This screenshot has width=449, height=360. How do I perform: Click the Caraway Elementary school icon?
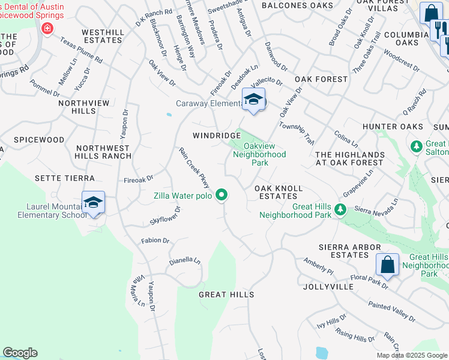pos(253,100)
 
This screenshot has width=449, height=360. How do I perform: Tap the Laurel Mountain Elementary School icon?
pos(93,203)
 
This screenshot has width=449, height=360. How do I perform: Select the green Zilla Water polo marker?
pos(221,194)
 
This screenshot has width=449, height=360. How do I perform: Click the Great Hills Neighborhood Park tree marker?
pos(340,209)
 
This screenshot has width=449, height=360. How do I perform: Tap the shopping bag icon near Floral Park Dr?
pos(387,265)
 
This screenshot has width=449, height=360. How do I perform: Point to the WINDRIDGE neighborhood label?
pos(216,136)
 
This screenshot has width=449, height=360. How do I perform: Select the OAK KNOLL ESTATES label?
pos(279,192)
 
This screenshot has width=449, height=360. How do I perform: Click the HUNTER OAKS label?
pos(393,127)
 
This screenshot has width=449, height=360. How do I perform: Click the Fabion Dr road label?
pos(155,241)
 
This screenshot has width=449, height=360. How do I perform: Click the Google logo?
pos(20,353)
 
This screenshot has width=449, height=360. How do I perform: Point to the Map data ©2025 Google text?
pos(412,355)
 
